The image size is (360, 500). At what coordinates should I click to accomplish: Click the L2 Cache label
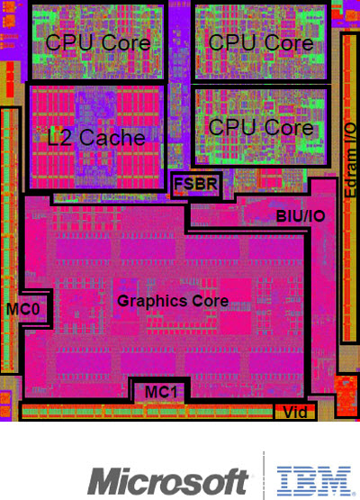(x=96, y=138)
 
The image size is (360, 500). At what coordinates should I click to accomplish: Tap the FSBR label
(x=195, y=184)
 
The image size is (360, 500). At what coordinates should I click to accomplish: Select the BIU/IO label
(x=301, y=216)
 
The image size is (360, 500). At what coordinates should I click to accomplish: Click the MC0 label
(x=22, y=309)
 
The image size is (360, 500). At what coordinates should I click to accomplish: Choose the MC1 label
(x=161, y=392)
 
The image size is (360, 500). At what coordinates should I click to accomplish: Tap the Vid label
(x=295, y=413)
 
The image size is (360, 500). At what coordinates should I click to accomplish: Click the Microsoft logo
(x=168, y=481)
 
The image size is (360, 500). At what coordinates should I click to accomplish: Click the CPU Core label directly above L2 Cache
(x=98, y=42)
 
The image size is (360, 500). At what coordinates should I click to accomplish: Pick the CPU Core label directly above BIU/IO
(x=261, y=127)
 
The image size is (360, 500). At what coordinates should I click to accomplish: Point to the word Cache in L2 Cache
(x=112, y=138)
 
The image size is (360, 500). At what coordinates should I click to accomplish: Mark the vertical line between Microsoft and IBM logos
(x=264, y=476)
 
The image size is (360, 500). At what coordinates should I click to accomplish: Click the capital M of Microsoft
(x=103, y=481)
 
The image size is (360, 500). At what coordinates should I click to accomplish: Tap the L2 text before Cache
(x=59, y=138)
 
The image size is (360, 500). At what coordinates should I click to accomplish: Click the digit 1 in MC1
(x=173, y=392)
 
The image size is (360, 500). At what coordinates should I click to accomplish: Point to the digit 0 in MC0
(x=35, y=309)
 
